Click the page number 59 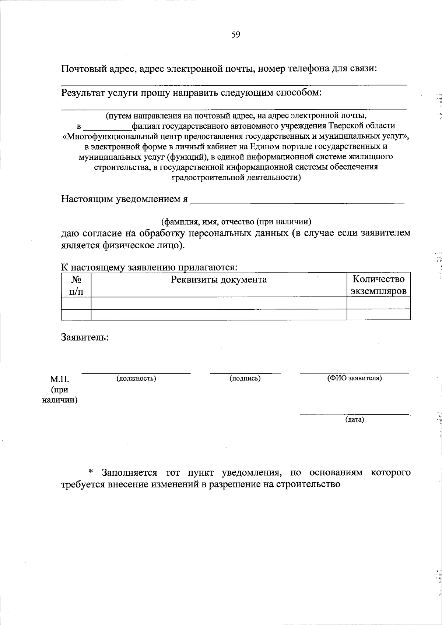click(236, 35)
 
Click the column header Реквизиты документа click(219, 280)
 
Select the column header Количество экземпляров click(379, 285)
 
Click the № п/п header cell click(76, 285)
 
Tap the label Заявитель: click(85, 337)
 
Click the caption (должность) click(136, 378)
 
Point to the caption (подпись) click(245, 378)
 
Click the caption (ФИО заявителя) click(354, 378)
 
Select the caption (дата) click(354, 419)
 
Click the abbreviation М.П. click(60, 379)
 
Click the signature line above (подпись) click(245, 373)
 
